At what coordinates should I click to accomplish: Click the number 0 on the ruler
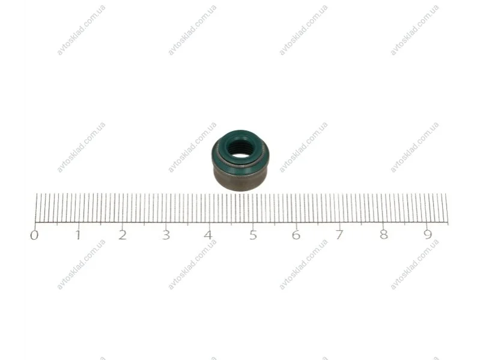[x=34, y=235]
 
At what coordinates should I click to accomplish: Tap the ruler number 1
[x=79, y=235]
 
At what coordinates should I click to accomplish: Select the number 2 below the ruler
[x=123, y=235]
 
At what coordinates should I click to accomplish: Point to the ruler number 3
[x=166, y=235]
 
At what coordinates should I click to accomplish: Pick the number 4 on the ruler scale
[x=209, y=235]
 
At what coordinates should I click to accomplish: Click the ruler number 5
[x=253, y=235]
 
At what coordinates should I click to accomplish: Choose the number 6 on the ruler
[x=296, y=235]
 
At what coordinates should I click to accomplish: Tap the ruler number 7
[x=339, y=235]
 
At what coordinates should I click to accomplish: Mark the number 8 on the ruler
[x=383, y=235]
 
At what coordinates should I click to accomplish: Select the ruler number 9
[x=427, y=235]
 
